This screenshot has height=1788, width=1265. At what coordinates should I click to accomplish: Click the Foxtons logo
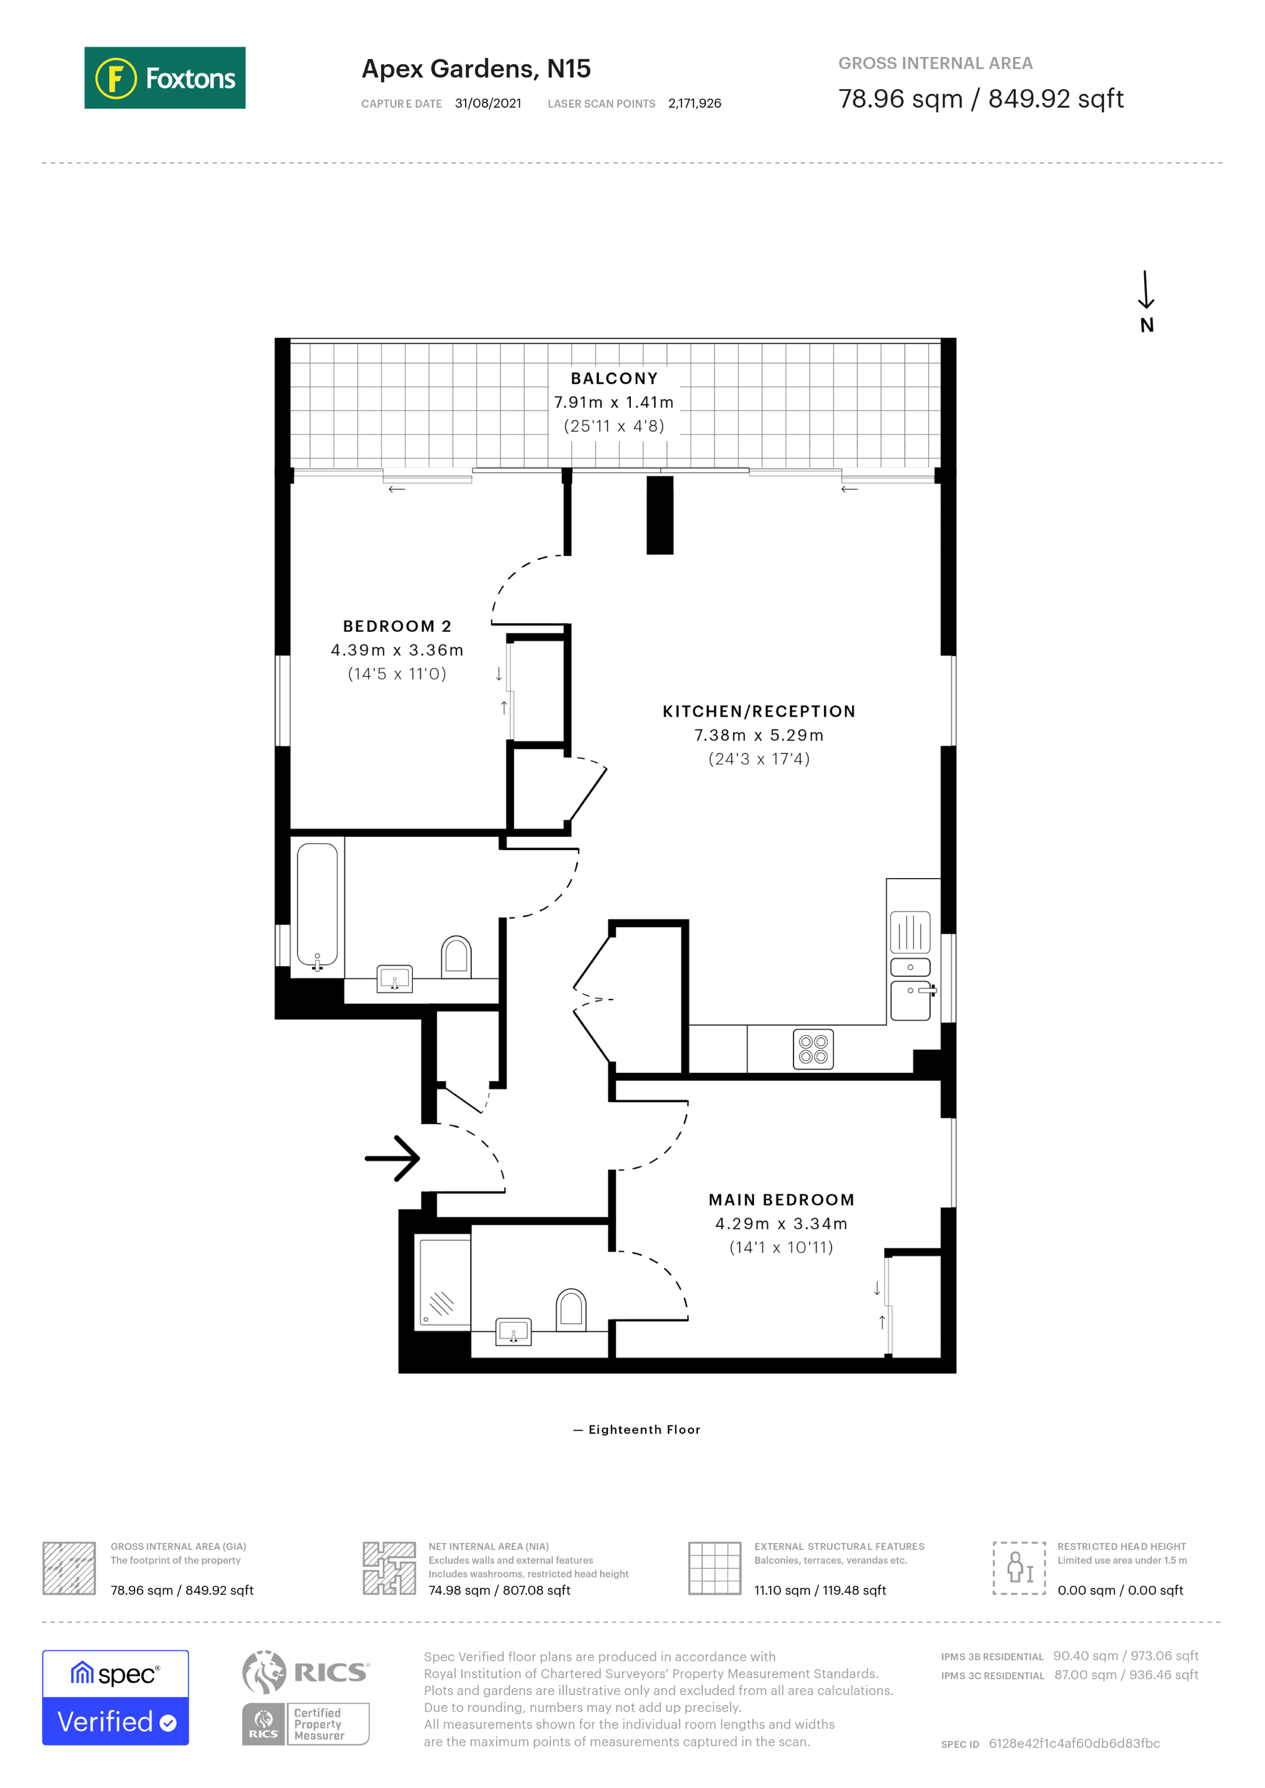[164, 78]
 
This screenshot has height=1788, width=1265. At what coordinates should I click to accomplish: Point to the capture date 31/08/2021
[488, 103]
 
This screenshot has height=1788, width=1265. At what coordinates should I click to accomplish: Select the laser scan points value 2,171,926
[694, 103]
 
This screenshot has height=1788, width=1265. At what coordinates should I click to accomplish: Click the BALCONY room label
[614, 379]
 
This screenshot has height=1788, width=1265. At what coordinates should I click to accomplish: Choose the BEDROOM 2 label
[397, 626]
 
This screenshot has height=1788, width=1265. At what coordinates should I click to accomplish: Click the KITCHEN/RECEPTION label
[758, 711]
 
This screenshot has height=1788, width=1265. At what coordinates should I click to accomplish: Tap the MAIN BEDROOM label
[781, 1200]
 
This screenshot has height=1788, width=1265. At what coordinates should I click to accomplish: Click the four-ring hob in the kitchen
[812, 1049]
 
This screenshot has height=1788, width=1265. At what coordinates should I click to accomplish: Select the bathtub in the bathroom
[317, 905]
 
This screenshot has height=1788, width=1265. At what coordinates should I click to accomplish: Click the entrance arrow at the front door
[393, 1158]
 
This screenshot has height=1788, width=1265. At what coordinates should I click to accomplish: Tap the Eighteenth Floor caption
[643, 1430]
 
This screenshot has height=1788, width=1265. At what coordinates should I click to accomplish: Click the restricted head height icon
[1019, 1568]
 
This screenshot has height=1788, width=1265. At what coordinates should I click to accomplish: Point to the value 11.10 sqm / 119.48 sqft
[819, 1590]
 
